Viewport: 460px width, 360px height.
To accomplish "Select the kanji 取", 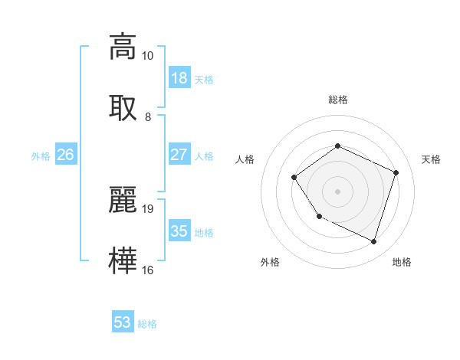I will click(x=123, y=107).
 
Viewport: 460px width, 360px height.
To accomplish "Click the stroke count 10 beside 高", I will click(x=148, y=56).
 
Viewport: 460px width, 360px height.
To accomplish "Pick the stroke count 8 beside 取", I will click(x=148, y=117).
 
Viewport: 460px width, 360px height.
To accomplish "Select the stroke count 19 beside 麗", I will click(x=148, y=208).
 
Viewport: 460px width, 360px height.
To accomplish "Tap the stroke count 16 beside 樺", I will click(x=148, y=270).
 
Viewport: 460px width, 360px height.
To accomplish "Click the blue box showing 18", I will click(x=179, y=78).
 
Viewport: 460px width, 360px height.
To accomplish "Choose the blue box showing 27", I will click(x=179, y=155).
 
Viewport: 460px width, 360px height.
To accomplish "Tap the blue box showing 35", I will click(x=179, y=231).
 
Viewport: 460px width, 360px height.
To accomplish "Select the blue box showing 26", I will click(x=66, y=155).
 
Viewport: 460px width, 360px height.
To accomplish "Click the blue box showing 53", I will click(x=123, y=322).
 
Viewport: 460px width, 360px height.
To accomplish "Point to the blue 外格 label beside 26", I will click(x=41, y=156).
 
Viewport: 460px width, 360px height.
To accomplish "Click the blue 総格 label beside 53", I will click(x=148, y=324).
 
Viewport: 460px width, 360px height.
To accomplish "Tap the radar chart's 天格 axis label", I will click(x=431, y=159).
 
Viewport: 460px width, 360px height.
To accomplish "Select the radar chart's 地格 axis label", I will click(x=402, y=262).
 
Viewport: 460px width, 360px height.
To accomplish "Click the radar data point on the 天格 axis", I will click(x=396, y=172).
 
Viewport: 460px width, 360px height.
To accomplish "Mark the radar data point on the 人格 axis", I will click(x=294, y=178).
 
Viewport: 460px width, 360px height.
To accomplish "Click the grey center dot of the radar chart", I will click(x=337, y=191).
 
